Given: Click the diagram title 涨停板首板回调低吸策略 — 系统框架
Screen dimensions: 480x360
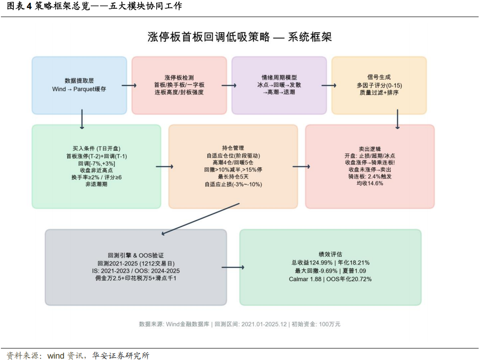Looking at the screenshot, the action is (x=240, y=37).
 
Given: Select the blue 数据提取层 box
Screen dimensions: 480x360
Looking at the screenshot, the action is (x=79, y=85).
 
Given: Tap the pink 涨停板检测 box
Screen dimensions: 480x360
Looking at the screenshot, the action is (x=179, y=85).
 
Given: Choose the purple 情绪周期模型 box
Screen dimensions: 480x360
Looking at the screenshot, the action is (x=279, y=85).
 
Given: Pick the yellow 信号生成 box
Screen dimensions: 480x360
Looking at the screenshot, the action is (x=379, y=85).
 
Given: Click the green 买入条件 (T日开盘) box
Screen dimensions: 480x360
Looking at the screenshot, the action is (x=96, y=166).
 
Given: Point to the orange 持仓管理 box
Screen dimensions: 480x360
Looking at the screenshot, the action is (x=233, y=166).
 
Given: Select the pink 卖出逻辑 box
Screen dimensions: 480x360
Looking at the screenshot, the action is (x=370, y=166).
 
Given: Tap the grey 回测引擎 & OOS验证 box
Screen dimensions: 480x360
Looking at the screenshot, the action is (x=136, y=267).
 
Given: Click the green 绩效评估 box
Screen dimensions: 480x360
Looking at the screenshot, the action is (x=330, y=267).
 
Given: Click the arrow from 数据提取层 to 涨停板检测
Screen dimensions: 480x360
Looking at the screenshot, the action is (x=129, y=85).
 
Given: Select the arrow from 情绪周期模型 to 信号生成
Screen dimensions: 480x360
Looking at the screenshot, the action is (x=329, y=85).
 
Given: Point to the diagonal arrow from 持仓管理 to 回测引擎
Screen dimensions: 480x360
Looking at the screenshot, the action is (x=200, y=219).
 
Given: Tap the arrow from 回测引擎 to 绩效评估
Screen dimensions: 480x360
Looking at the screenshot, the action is (x=233, y=267).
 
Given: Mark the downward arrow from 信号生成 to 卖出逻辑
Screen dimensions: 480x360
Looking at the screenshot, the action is (x=398, y=119).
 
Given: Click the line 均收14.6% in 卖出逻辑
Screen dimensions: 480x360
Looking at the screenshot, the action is (x=370, y=183).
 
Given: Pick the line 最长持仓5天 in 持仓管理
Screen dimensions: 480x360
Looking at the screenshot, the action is (x=233, y=177).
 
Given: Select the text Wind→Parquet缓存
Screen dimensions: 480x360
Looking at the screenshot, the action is (x=79, y=89).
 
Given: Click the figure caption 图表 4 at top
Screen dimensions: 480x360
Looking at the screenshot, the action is (x=19, y=6).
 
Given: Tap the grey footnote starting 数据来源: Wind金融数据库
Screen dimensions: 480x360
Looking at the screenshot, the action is (x=240, y=324).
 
